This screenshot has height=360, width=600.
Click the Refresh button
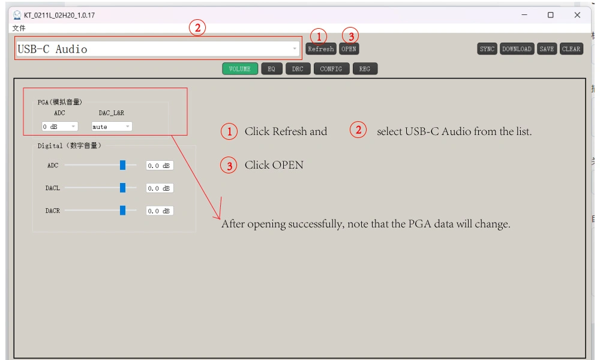tap(320, 49)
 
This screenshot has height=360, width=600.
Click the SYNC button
tap(487, 49)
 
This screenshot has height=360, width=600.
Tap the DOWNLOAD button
tap(517, 49)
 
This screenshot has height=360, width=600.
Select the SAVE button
tap(547, 49)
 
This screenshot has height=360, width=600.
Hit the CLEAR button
tap(571, 49)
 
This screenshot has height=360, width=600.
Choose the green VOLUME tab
tap(240, 69)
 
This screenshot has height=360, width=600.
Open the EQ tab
tap(272, 69)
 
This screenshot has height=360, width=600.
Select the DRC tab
tap(298, 69)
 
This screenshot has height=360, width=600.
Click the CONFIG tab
tap(331, 69)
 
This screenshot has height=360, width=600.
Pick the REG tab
tap(365, 69)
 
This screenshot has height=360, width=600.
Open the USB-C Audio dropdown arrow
tap(295, 49)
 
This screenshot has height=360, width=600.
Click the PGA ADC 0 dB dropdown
tap(59, 127)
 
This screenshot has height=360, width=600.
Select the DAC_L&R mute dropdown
tap(112, 127)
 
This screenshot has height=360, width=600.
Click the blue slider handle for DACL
tap(122, 188)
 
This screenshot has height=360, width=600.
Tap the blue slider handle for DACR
tap(122, 211)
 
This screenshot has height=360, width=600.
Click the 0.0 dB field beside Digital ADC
tap(160, 166)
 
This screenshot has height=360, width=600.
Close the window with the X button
tap(577, 15)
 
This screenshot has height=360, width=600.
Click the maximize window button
tap(551, 15)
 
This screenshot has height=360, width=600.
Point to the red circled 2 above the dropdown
tap(197, 28)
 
